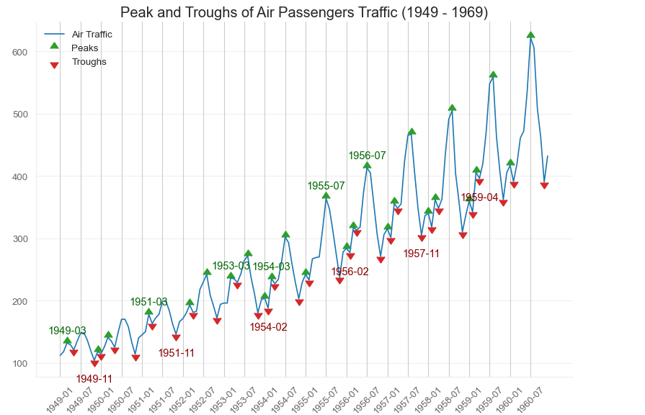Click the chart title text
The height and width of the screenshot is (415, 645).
coord(304,12)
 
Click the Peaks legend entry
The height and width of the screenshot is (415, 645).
coord(85,48)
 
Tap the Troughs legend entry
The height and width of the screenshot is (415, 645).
coord(89,61)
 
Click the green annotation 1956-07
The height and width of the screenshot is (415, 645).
coord(368,156)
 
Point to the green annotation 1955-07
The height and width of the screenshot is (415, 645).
coord(326,186)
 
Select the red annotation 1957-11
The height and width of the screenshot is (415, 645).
coord(422,254)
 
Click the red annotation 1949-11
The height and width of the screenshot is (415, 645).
coord(94,379)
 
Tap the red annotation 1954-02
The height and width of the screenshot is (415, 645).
coord(268,327)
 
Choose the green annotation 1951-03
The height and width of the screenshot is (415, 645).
coord(148,302)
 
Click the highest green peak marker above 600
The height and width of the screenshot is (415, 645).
coord(530,35)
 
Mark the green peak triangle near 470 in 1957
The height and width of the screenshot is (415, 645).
coord(412,131)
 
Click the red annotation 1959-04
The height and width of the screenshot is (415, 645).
coord(479,197)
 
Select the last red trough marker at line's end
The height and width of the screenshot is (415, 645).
coord(544,186)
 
